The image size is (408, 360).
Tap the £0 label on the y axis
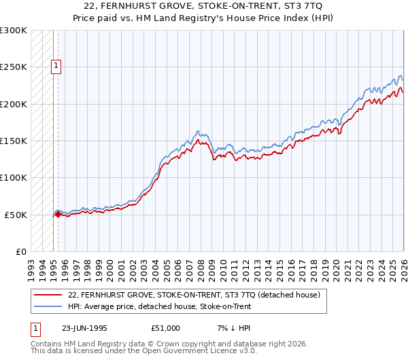20,251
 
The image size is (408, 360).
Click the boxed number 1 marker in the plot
56,66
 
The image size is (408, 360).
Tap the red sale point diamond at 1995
58,214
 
